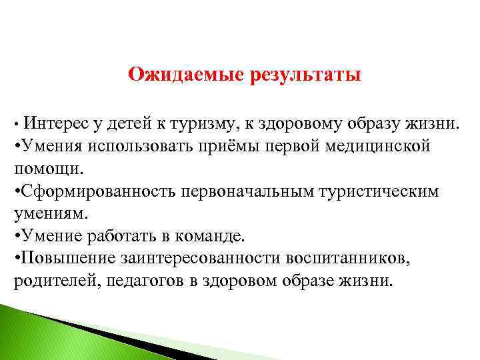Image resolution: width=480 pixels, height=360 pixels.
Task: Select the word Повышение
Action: (x=61, y=259)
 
